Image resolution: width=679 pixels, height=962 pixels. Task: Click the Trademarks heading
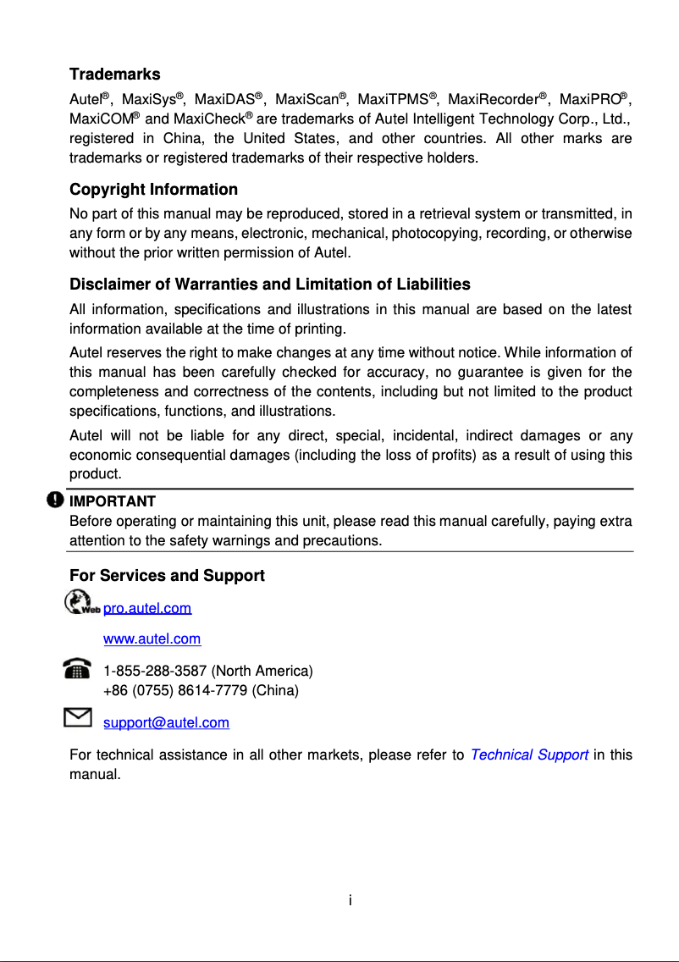point(114,75)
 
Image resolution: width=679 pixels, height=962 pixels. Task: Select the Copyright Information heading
point(153,189)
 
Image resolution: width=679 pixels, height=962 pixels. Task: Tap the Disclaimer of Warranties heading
point(269,284)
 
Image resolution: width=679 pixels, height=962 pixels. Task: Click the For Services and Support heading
point(167,576)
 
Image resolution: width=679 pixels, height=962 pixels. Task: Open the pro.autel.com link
point(146,608)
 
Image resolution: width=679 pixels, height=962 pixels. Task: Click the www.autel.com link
point(152,639)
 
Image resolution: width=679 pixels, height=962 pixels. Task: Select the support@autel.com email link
point(166,722)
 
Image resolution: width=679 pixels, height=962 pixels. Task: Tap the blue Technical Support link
point(528,755)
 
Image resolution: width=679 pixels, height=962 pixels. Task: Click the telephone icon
point(78,669)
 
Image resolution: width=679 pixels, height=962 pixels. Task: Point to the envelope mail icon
point(78,719)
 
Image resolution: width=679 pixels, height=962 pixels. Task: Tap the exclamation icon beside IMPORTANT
point(55,500)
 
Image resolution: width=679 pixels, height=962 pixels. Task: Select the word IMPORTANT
point(112,501)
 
